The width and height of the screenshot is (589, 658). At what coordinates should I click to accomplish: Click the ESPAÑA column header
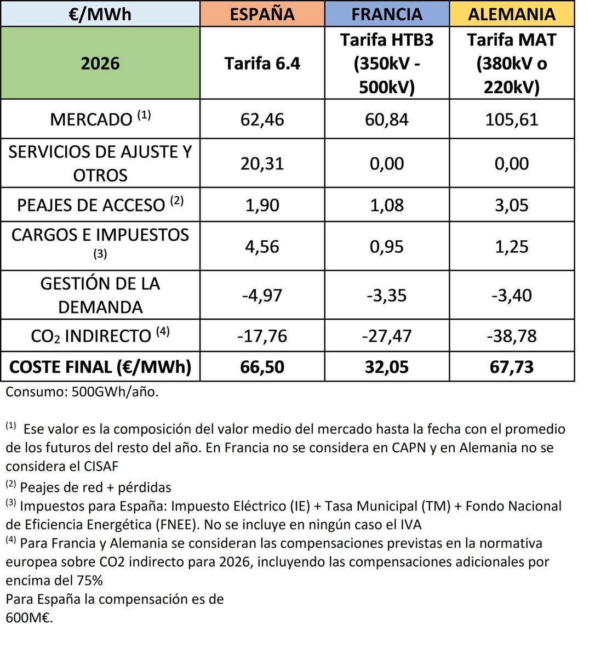tap(262, 14)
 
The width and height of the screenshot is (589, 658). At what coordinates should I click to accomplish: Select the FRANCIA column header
tap(387, 14)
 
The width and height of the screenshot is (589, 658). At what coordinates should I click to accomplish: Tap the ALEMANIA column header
tap(512, 14)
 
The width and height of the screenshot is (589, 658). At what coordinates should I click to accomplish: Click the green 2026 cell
tap(100, 63)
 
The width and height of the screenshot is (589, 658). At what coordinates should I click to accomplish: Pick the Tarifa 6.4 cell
tap(262, 63)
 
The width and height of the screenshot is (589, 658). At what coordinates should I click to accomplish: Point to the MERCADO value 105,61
tap(512, 119)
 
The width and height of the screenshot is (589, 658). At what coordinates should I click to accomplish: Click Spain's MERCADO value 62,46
tap(262, 119)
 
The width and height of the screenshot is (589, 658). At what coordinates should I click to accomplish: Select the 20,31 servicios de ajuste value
tap(262, 163)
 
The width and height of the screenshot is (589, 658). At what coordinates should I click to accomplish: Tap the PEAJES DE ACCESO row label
tap(100, 205)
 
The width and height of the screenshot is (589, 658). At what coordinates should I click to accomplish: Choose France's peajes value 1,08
tap(387, 205)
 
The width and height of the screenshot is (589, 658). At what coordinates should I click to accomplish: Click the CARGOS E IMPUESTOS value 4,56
tap(262, 246)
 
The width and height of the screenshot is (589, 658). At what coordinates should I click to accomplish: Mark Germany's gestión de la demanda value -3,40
tap(512, 295)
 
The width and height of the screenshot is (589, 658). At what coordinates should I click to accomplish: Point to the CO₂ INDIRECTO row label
tap(100, 335)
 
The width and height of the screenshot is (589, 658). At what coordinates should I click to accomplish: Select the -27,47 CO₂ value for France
tap(387, 335)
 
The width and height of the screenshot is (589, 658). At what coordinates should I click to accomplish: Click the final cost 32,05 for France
tap(387, 366)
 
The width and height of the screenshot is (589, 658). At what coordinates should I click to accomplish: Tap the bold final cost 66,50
tap(262, 366)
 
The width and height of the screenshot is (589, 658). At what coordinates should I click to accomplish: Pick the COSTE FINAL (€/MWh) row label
tap(100, 366)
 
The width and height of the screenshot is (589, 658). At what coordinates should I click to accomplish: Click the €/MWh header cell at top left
tap(100, 14)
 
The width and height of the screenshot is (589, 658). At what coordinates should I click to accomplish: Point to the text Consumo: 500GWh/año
tap(82, 392)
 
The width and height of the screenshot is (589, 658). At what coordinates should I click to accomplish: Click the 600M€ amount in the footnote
tap(29, 617)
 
